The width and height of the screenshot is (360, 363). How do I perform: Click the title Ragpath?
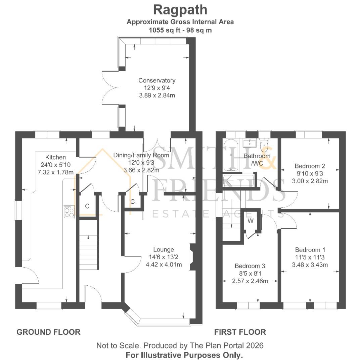tap(180, 10)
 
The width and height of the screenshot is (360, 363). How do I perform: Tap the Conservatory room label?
tap(157, 81)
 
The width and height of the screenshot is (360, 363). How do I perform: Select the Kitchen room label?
tap(56, 157)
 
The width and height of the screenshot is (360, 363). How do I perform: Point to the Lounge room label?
tap(164, 249)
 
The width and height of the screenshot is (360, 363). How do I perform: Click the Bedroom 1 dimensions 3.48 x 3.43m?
tap(310, 265)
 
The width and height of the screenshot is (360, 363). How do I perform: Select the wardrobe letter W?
tap(251, 221)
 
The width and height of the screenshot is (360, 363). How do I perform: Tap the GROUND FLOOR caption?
tap(48, 332)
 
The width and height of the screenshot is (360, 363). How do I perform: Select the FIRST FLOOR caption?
tap(240, 332)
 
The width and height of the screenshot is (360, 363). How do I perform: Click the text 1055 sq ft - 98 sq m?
tap(180, 30)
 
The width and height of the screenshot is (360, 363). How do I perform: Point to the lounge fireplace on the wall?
tap(192, 257)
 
